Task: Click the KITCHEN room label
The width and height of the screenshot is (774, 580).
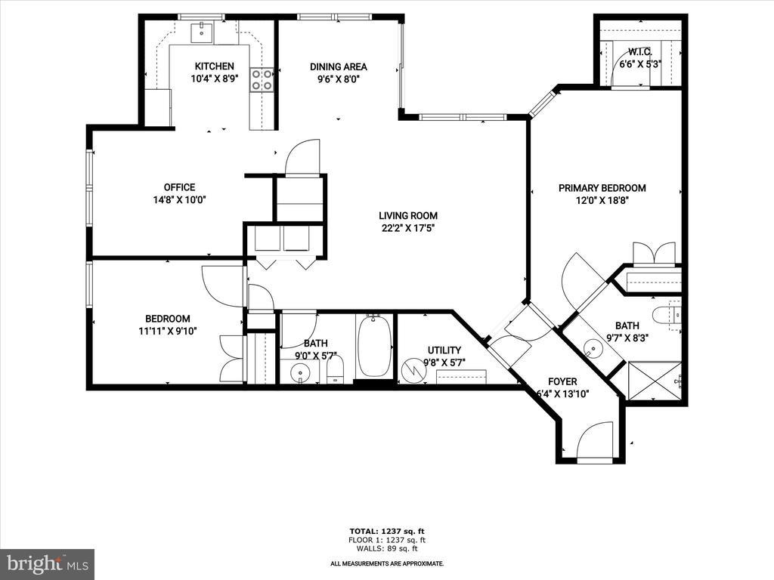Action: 214,66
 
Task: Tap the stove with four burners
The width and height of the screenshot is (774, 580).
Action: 262,80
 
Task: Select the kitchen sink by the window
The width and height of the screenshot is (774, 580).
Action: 202,32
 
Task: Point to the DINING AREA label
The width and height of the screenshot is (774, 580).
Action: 338,66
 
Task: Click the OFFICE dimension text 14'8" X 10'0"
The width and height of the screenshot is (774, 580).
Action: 179,199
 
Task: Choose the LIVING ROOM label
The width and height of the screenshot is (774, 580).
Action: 407,215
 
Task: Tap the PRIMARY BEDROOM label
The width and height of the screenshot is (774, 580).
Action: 602,188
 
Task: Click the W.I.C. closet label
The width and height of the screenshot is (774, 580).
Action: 640,52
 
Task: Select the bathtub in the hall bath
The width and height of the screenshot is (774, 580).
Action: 374,345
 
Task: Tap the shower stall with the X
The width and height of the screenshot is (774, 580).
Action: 654,381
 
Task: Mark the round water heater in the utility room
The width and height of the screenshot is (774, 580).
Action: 411,371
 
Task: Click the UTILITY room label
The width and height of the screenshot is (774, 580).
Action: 444,350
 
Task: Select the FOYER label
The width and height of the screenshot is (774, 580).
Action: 562,381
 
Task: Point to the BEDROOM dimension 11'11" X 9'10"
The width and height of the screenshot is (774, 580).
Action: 168,331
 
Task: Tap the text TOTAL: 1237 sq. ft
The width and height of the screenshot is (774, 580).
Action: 387,531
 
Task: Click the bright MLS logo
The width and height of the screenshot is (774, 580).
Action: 48,563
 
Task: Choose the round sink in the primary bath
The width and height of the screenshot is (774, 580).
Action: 591,350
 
